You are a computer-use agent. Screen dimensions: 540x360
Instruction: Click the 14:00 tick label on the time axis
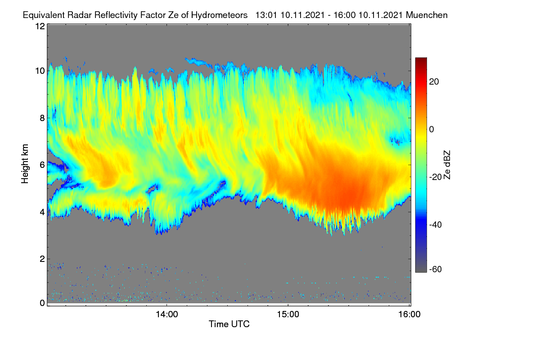click(x=167, y=315)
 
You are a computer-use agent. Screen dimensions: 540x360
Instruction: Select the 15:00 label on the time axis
click(x=288, y=315)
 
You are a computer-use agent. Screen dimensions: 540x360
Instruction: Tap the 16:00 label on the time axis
click(x=409, y=315)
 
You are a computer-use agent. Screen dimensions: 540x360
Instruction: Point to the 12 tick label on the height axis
click(x=40, y=26)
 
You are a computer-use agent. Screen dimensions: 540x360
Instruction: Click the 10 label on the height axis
click(x=40, y=71)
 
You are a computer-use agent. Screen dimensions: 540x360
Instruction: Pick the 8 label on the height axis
click(x=42, y=118)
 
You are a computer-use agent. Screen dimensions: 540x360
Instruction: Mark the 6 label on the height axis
click(x=42, y=165)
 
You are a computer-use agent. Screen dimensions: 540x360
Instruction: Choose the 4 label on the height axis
click(x=42, y=212)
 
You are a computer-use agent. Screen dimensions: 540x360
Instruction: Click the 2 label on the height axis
click(x=42, y=259)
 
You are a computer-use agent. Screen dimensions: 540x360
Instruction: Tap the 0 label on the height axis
click(x=42, y=303)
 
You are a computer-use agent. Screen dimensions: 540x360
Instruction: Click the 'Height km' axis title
click(x=25, y=164)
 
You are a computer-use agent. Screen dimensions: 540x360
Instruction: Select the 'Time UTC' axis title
click(x=229, y=324)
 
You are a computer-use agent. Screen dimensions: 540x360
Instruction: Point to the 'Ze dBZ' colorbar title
click(x=447, y=165)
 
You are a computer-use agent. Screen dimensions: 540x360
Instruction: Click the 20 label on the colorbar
click(x=434, y=82)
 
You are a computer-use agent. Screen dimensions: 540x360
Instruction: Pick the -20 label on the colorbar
click(x=436, y=177)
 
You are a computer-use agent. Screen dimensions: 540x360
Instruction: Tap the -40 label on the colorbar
click(x=436, y=225)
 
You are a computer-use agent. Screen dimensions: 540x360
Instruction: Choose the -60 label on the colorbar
click(x=436, y=270)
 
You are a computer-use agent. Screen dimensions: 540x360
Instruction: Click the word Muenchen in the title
click(x=427, y=15)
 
